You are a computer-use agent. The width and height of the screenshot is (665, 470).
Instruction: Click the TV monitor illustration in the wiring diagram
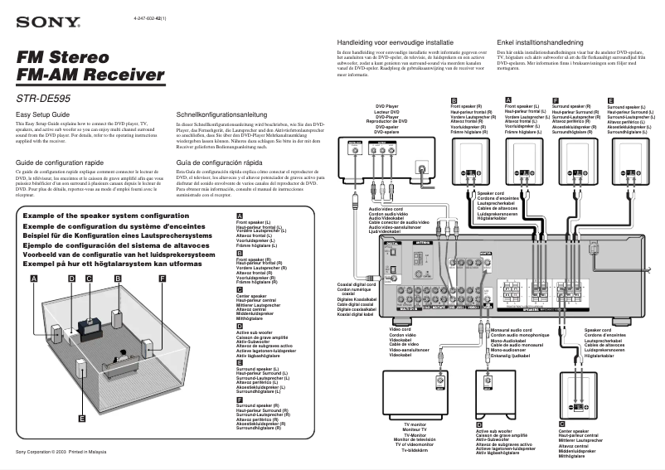coord(412,395)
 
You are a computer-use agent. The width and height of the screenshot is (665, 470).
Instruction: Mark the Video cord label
coord(401,330)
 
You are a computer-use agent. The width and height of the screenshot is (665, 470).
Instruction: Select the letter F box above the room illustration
coord(162,279)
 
